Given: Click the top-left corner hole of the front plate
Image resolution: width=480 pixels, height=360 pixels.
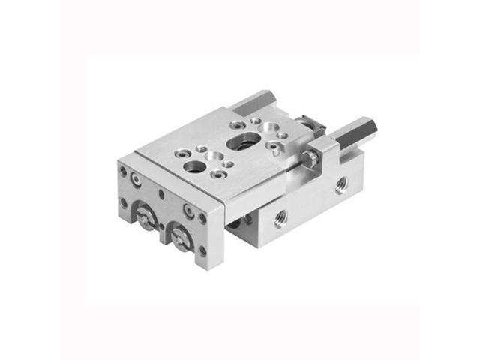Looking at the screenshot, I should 123,171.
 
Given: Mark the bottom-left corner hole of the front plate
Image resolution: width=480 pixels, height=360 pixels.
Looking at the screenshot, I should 124,202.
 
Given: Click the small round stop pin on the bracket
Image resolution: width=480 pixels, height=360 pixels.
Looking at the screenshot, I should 307,159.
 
